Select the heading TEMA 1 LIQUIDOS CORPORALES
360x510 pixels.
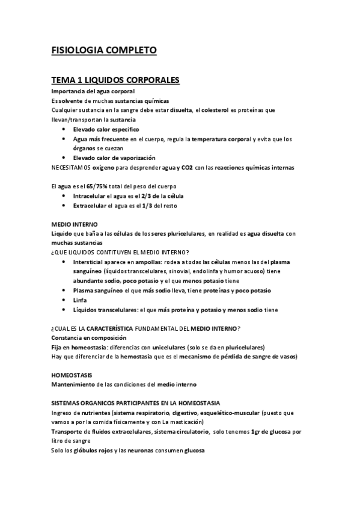coord(116,80)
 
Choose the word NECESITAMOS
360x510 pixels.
coord(73,167)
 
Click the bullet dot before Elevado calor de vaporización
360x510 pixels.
coord(64,158)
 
